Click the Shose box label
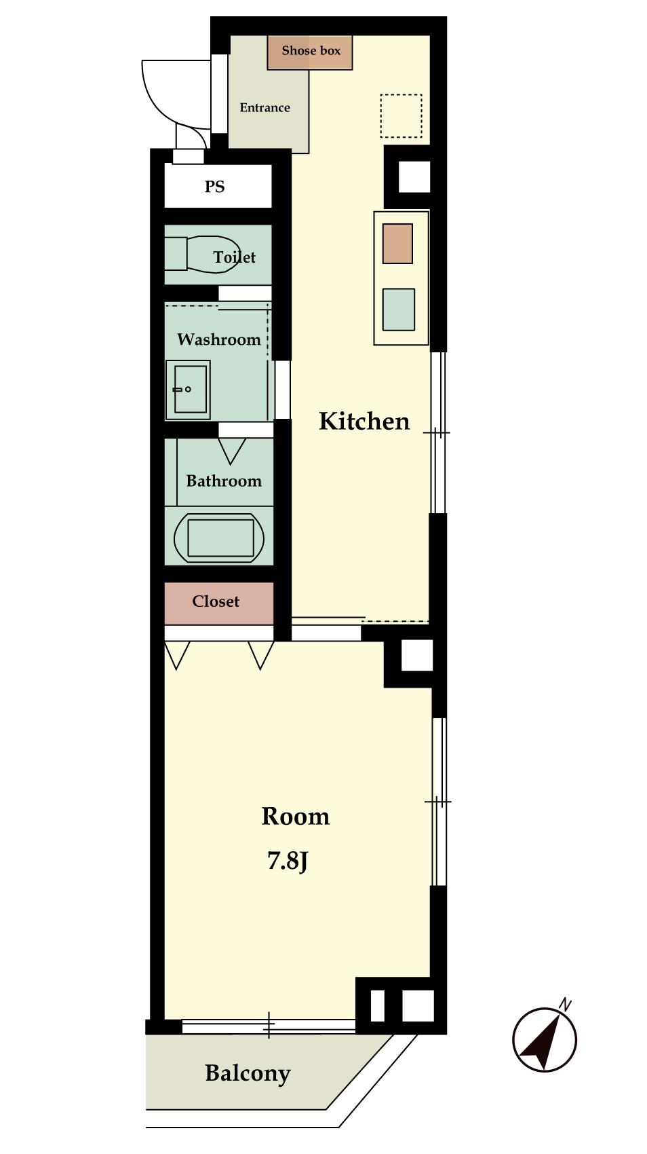[311, 50]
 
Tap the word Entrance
[264, 108]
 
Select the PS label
[214, 187]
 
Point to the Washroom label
[219, 339]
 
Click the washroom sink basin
[188, 390]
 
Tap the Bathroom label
[224, 481]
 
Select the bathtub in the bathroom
[219, 538]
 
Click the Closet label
[216, 601]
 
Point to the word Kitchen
[364, 422]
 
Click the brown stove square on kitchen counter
[397, 244]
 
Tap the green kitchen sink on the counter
[398, 309]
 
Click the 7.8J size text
[287, 861]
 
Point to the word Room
[296, 817]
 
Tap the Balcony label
[248, 1074]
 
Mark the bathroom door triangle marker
[231, 451]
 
